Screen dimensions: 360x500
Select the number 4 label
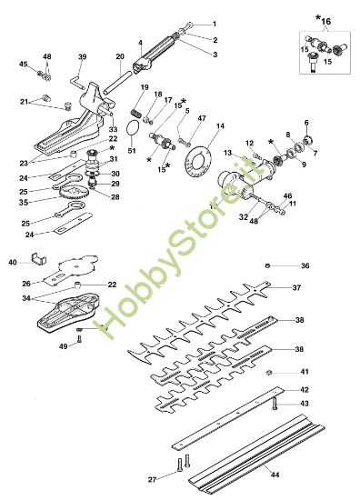141,42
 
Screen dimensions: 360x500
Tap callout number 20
120,56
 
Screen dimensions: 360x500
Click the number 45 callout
24,64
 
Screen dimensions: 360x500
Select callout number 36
305,265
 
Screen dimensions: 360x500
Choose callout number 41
305,373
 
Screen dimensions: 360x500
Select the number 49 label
62,345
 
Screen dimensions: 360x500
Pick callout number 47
202,119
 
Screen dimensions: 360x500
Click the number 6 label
305,122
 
